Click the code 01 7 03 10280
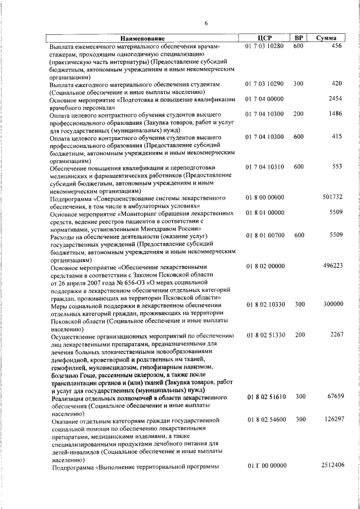coord(264,46)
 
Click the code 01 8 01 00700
coord(264,235)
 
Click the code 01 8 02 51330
coord(264,335)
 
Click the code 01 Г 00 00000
coord(264,466)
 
